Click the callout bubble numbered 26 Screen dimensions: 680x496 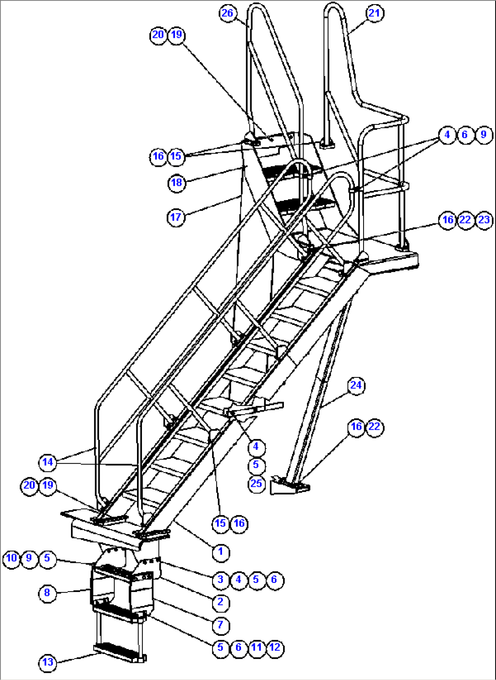coord(227,13)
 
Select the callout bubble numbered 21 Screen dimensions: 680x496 coord(374,13)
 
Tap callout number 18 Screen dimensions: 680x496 coord(177,183)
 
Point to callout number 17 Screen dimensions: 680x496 coord(176,217)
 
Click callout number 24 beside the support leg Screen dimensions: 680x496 coord(356,386)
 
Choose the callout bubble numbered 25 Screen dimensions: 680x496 coord(256,483)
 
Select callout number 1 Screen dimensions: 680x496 coord(221,552)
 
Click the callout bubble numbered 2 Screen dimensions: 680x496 coord(221,602)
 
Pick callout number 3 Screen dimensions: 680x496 coord(221,579)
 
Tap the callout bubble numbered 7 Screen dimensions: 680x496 coord(221,625)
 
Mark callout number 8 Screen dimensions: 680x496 coord(47,593)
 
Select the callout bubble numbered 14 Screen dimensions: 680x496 coord(48,462)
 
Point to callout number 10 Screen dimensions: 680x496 coord(11,558)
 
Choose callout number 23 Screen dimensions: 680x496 coord(484,220)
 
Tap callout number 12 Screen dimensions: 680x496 coord(274,648)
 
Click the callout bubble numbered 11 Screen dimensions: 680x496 coord(257,648)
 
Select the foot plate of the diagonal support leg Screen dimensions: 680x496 coord(289,486)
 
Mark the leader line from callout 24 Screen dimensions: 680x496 coord(334,399)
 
